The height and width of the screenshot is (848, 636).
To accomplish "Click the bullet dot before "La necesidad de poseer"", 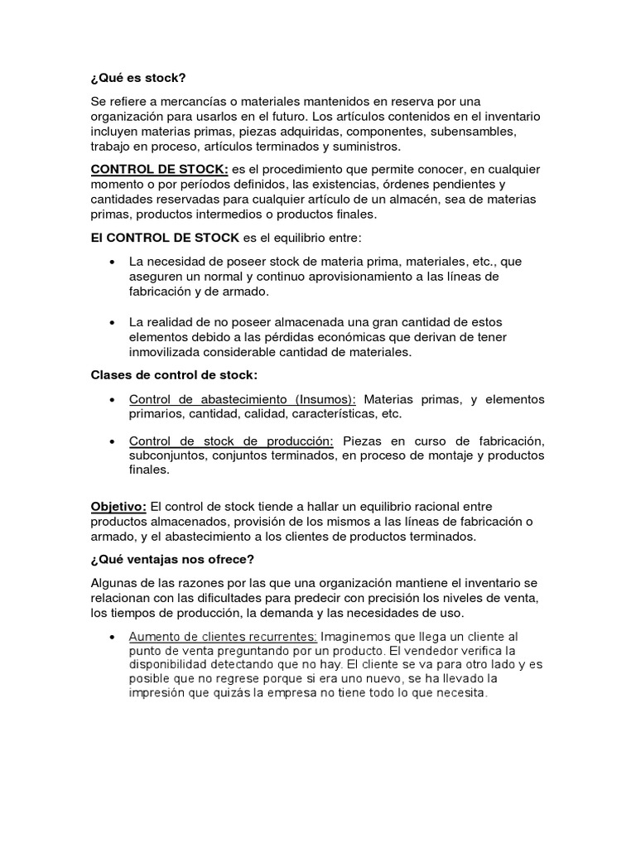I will coord(112,262).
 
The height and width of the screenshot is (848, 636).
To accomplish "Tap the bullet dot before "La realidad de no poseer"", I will coord(112,322).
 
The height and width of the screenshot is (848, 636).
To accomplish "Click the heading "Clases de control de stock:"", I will coord(174,374).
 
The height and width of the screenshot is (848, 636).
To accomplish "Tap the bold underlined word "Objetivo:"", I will coord(118,506).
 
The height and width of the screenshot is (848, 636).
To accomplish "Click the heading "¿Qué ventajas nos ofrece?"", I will coord(172,559).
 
